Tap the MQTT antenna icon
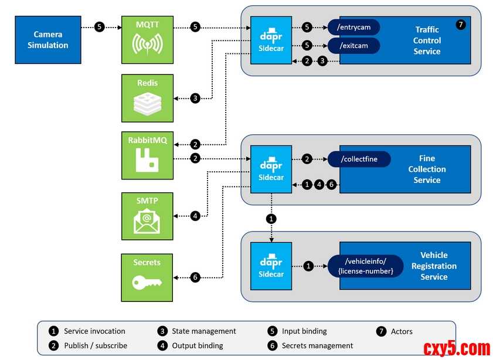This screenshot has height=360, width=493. [147, 45]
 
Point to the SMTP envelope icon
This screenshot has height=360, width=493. [147, 221]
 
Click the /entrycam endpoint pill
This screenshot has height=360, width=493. [353, 27]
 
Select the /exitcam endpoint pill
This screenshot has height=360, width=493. [353, 46]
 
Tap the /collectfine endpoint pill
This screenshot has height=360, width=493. [359, 159]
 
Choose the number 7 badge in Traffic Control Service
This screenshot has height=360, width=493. [461, 25]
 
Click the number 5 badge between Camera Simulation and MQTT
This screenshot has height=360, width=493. [100, 27]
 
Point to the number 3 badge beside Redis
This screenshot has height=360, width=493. [195, 98]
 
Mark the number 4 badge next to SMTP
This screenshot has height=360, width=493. [195, 216]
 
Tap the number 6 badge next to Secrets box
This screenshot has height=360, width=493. [195, 277]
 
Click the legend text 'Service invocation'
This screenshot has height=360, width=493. [94, 331]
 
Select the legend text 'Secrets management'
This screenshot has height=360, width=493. [317, 346]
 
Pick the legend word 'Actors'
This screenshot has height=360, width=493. [402, 331]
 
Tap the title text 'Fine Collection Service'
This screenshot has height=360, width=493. [427, 169]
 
